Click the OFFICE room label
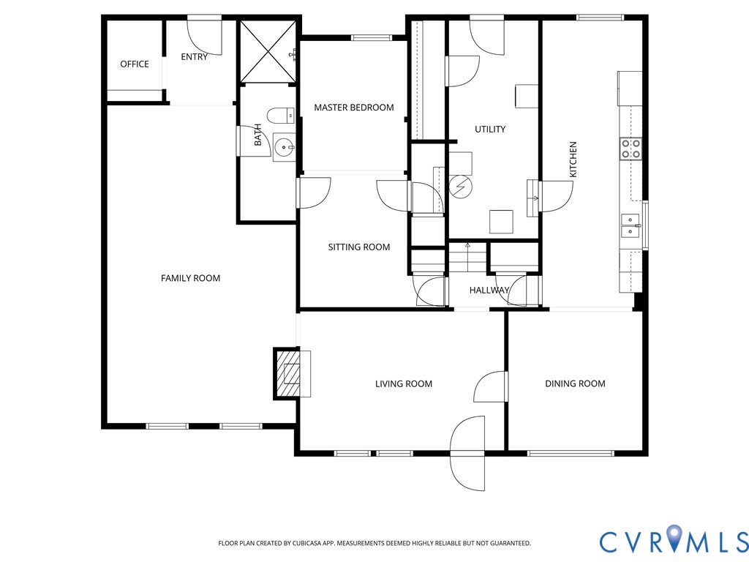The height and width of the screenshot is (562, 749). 135,64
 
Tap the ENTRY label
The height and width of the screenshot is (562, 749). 194,57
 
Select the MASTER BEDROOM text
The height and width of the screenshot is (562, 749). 354,108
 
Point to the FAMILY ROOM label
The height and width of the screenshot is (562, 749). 191,278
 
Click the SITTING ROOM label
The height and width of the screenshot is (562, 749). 358,247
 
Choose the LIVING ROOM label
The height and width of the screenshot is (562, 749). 404,383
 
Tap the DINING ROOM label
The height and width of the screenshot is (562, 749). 575,383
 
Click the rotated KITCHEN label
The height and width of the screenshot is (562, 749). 573,159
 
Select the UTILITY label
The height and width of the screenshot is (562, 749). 490,129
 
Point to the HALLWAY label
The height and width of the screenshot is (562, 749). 489,290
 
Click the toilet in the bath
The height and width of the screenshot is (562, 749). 280,115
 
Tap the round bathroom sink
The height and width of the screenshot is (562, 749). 284,147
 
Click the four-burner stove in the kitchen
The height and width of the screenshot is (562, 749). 631,148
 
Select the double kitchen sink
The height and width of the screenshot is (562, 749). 631,225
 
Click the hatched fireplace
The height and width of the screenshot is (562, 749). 287,373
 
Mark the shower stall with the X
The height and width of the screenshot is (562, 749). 268,52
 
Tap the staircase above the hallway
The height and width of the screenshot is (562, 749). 467,258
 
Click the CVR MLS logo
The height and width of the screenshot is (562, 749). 674,541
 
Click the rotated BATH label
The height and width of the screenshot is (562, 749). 258,135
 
